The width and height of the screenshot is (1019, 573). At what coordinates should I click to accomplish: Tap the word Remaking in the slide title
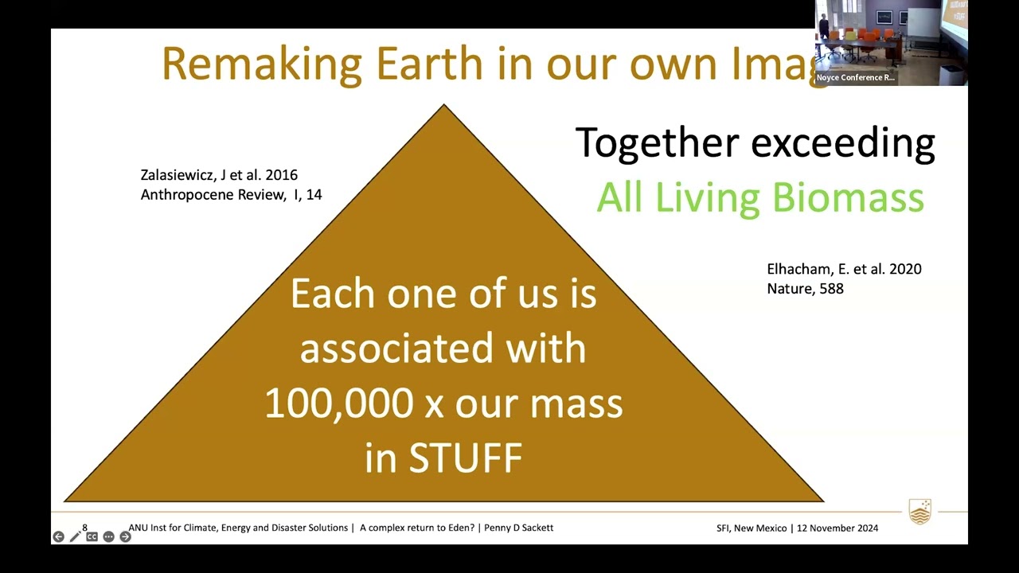coord(262,66)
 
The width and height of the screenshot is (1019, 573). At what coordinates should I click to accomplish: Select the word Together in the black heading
coord(657,142)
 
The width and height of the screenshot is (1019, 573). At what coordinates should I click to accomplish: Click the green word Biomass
coord(849,197)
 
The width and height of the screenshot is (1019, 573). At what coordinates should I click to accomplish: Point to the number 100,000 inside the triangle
coord(339,403)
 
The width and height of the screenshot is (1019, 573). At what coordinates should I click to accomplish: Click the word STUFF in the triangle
coord(466,458)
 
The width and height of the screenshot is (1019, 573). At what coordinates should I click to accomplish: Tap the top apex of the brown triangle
coord(444,104)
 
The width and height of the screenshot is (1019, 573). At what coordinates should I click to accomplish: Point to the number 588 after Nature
coord(832,289)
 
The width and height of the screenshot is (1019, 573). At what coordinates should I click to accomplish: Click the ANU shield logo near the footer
coord(919,512)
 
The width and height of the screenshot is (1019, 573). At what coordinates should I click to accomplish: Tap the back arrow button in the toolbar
coord(58,537)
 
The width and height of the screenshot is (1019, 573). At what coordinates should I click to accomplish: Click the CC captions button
coord(92,537)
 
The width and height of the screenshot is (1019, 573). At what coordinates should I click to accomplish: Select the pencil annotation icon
coord(75,537)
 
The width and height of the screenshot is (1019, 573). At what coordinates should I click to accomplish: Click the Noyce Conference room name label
coord(855,77)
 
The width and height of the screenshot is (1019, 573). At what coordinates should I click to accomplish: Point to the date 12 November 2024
coord(837,528)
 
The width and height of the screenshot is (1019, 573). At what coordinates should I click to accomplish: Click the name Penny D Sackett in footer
coord(518,528)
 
